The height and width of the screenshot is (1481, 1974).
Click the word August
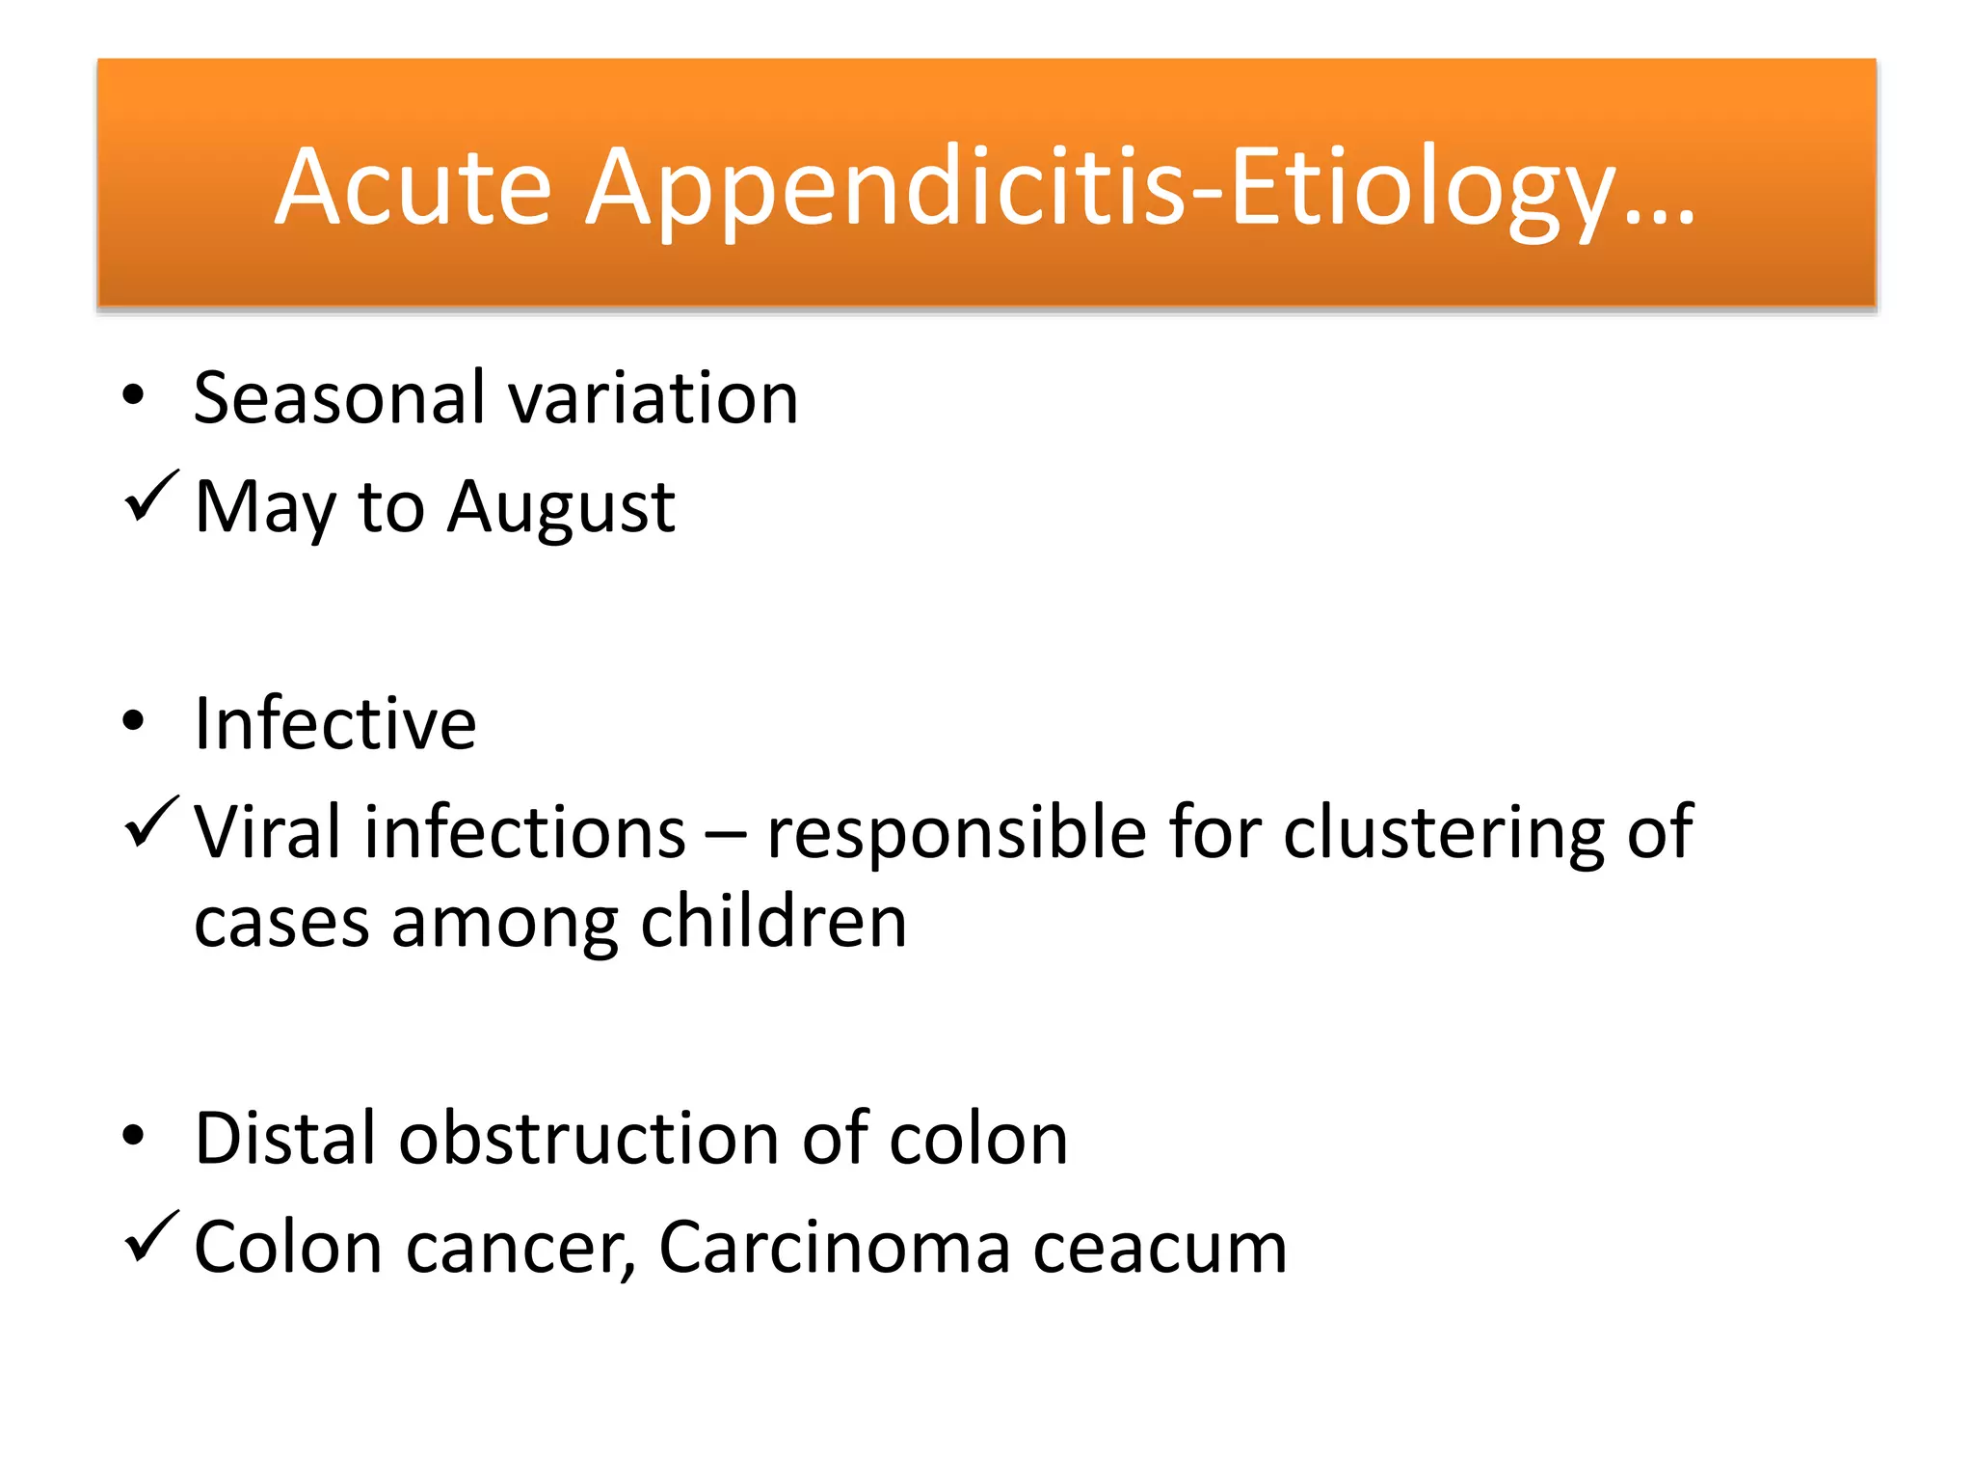pos(561,508)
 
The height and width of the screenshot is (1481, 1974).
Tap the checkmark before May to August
pos(151,496)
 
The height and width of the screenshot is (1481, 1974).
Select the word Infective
pos(334,723)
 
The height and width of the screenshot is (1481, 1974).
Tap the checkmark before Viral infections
pos(151,821)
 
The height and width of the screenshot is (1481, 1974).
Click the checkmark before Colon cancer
pos(151,1236)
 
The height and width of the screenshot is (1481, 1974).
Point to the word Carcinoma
pos(834,1248)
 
